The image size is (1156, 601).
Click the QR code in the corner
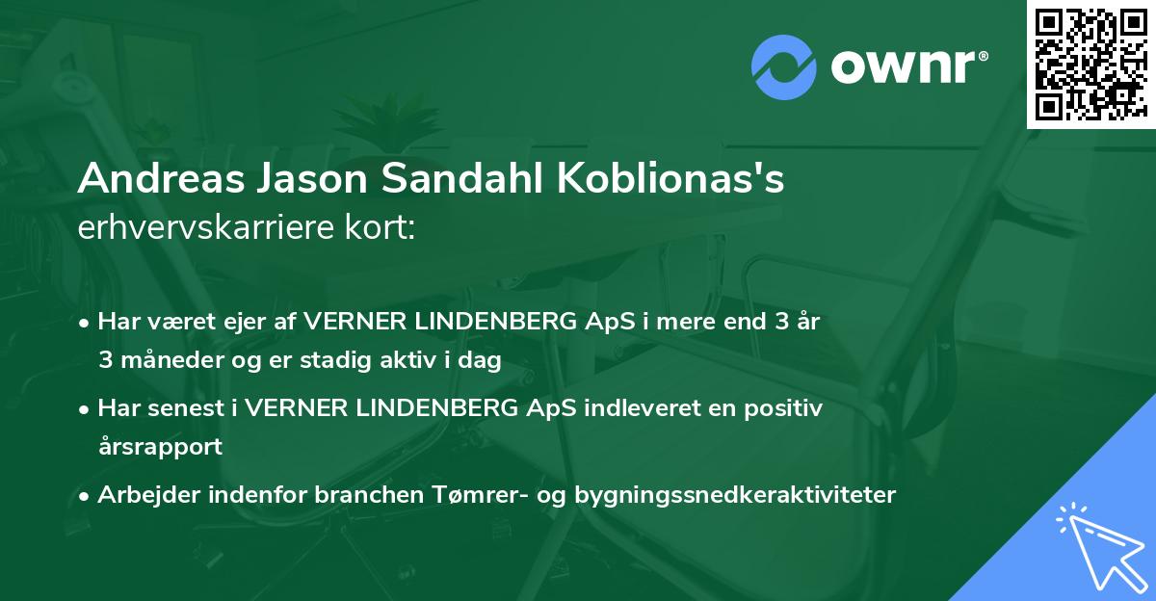click(1090, 64)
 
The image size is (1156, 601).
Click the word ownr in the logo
click(906, 65)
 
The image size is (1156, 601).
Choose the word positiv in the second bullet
click(786, 408)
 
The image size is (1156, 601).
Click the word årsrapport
click(160, 447)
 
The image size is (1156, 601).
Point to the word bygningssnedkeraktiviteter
click(735, 495)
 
